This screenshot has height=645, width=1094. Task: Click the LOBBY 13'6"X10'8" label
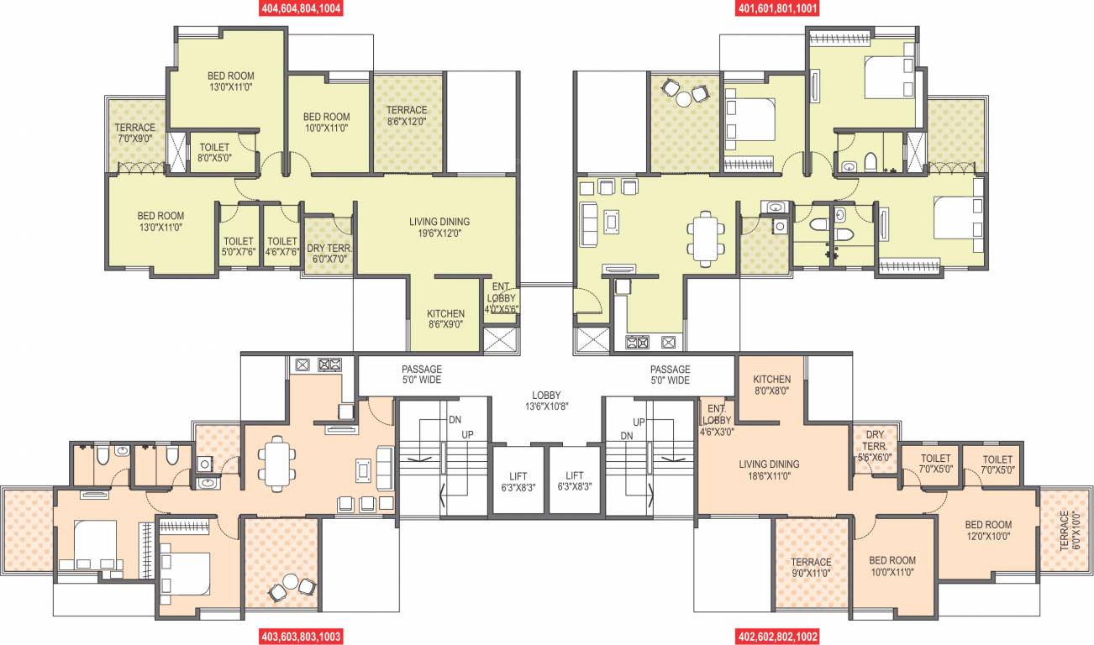click(546, 401)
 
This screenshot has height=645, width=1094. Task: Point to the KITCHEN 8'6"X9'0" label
click(445, 318)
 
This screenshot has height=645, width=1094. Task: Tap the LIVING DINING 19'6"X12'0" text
click(439, 228)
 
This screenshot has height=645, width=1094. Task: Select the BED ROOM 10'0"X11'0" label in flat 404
click(326, 122)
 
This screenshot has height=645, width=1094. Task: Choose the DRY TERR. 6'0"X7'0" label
click(329, 254)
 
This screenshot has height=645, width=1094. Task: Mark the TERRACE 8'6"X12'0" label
click(407, 115)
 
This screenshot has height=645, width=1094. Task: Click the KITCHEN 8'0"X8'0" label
click(771, 385)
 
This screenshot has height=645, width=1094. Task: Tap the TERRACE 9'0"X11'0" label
click(811, 567)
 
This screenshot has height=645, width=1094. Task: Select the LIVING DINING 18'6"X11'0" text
click(769, 469)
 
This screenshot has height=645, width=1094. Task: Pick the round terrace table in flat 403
click(290, 581)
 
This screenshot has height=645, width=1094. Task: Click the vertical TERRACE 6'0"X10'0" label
click(1066, 530)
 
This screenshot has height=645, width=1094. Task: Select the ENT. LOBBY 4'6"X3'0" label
click(716, 419)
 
